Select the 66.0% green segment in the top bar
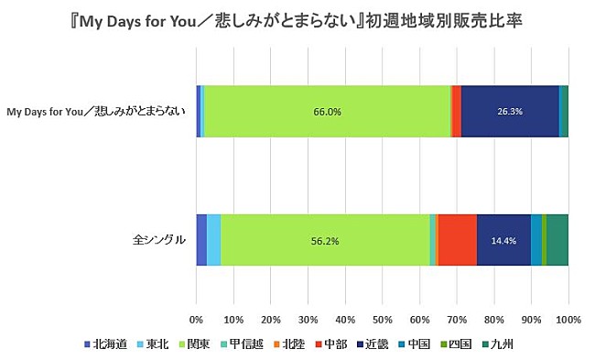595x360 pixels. (x=327, y=112)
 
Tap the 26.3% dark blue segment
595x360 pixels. (x=510, y=112)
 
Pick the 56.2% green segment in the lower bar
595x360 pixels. (x=325, y=240)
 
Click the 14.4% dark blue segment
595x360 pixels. (x=504, y=240)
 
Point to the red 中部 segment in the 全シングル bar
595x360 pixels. (x=458, y=240)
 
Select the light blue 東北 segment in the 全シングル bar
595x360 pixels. (x=213, y=240)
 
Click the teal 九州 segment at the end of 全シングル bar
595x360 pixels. (x=557, y=240)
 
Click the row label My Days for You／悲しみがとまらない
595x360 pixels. (x=96, y=112)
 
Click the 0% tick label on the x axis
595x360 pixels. (x=196, y=320)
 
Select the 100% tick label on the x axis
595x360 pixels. (x=568, y=320)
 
